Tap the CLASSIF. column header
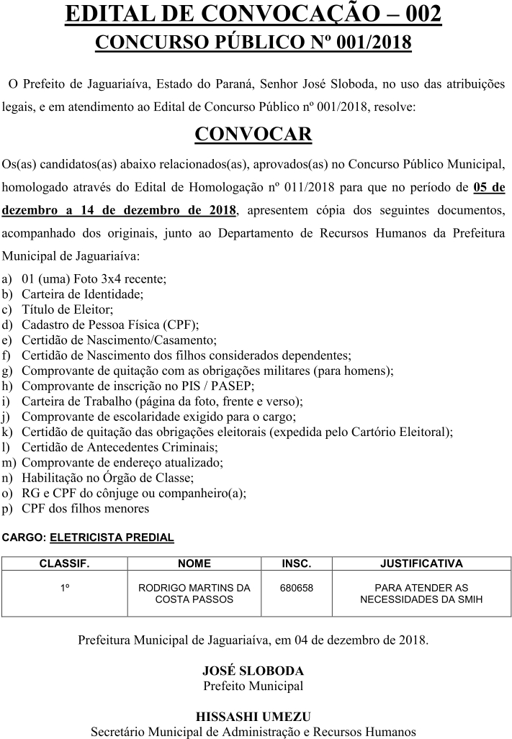[x=64, y=563]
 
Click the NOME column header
[x=194, y=563]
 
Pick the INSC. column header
[x=296, y=563]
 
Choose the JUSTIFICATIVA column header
[x=421, y=563]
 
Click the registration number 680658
[x=296, y=588]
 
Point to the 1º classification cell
[x=64, y=588]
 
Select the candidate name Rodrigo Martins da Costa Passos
[x=194, y=593]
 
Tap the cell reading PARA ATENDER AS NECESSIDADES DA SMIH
[x=421, y=593]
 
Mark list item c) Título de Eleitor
[x=68, y=309]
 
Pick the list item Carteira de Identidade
[x=83, y=294]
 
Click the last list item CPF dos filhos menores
[x=85, y=508]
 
